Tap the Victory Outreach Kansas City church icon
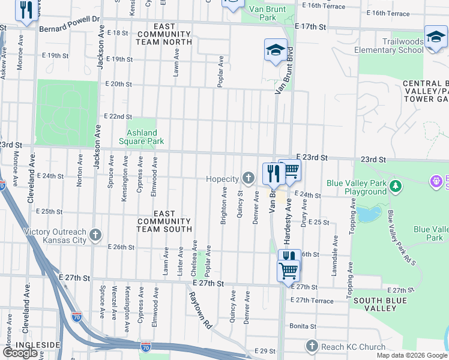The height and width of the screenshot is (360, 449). click(95, 235)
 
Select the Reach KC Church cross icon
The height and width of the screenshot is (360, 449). click(311, 346)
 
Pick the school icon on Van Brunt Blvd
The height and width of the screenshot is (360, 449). click(276, 49)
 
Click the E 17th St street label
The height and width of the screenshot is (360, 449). click(310, 27)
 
